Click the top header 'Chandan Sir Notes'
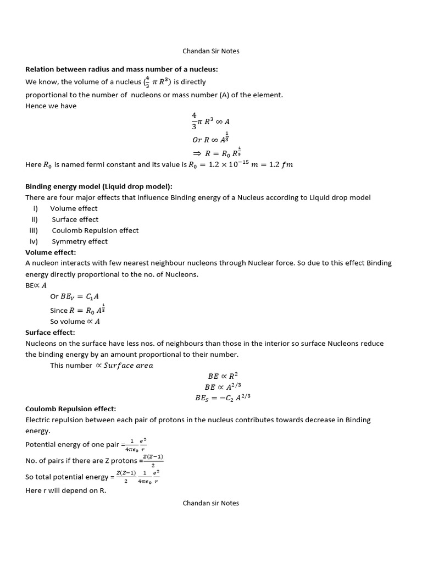coord(210,51)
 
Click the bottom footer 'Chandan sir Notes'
coord(210,503)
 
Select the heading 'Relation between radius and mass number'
coord(121,69)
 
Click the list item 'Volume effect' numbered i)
coord(74,208)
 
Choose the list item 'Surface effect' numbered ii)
coord(75,219)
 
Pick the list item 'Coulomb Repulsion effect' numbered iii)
coord(95,230)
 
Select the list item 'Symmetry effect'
coord(80,241)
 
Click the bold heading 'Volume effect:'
coord(51,252)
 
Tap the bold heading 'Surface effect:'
coord(50,332)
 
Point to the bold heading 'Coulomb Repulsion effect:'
coord(71,409)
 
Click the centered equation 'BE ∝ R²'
coord(221,376)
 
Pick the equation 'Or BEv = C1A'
coord(75,296)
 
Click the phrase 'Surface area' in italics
coord(128,365)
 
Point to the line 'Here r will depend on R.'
coord(65,490)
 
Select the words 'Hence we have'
coord(51,106)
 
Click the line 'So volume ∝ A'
coord(75,322)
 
